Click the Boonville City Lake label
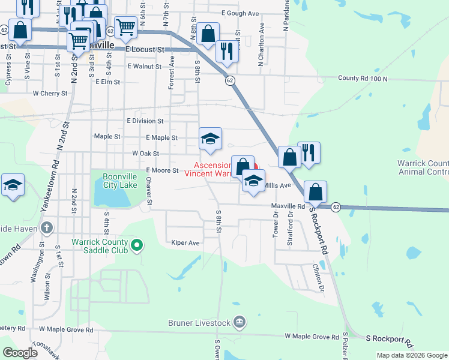119,181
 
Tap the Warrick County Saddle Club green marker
137,244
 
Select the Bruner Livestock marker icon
240,322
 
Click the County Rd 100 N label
363,79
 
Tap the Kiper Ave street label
185,243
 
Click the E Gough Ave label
240,13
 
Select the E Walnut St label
144,67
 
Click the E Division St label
145,121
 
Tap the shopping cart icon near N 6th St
125,26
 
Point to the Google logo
20,353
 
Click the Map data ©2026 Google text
412,355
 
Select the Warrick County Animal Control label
423,167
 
